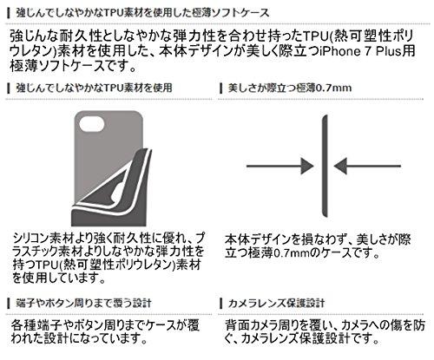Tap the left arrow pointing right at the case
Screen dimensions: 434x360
click(280, 166)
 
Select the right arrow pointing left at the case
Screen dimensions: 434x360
click(367, 166)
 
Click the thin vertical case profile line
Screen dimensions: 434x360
click(325, 166)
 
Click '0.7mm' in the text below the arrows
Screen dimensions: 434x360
click(292, 253)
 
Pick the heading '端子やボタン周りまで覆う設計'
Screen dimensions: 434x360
click(84, 303)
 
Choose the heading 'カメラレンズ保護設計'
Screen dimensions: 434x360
click(276, 303)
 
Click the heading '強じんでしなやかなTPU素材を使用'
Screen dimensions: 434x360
click(95, 88)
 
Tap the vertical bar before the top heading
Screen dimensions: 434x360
click(9, 13)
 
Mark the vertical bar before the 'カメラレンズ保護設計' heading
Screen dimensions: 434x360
click(221, 304)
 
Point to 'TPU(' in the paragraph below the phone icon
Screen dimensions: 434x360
click(47, 265)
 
